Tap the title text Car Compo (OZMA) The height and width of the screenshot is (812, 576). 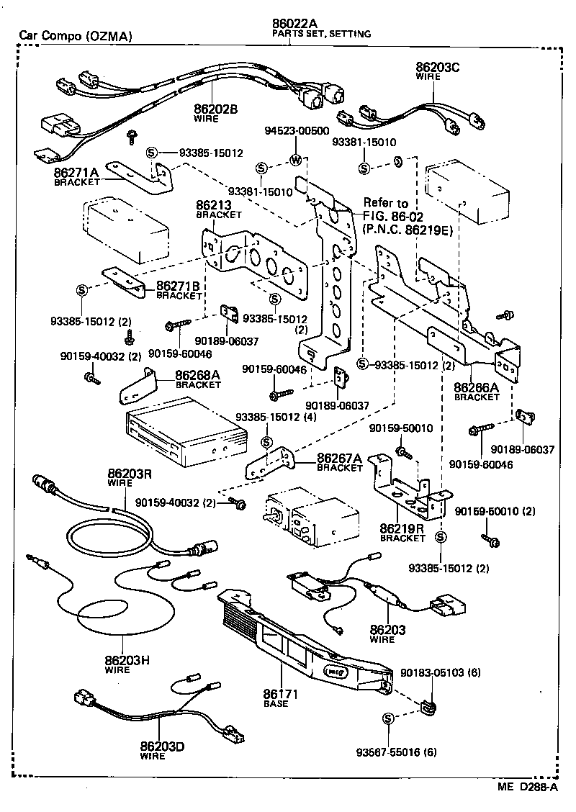click(x=76, y=35)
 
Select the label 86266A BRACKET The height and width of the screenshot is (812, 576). click(x=476, y=391)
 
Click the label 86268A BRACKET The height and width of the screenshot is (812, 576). click(x=198, y=379)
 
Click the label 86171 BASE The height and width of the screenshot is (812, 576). click(x=276, y=698)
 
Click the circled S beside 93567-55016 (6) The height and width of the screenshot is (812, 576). click(x=388, y=718)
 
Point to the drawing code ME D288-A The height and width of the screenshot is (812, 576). click(x=525, y=787)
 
